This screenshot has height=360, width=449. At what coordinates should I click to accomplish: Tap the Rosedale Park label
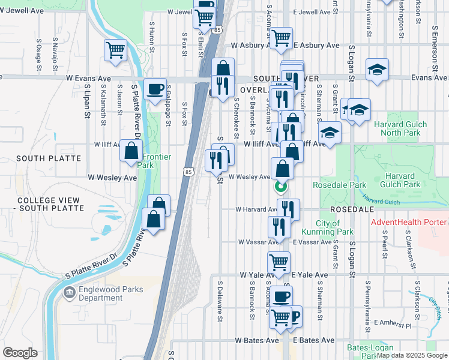[334, 185]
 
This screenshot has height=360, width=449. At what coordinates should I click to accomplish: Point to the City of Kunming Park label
[335, 227]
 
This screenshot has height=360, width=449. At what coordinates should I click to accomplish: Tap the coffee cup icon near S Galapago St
[155, 89]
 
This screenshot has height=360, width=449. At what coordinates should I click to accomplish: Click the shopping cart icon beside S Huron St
[115, 50]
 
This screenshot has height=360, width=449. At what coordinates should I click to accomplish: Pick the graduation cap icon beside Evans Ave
[377, 70]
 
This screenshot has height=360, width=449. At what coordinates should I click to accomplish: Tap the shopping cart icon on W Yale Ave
[279, 262]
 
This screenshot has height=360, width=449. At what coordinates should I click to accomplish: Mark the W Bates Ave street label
[257, 340]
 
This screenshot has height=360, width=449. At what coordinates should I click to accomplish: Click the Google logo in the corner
[20, 353]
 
